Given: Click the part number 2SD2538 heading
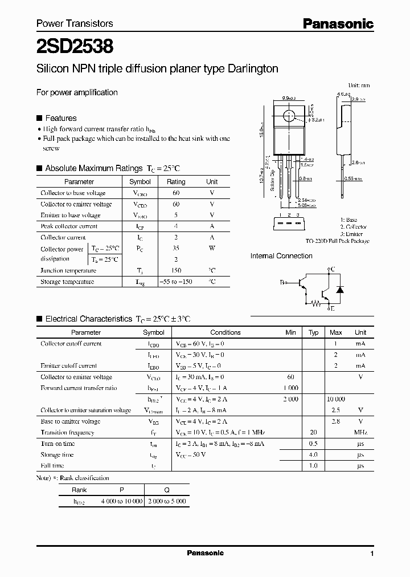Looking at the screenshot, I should click(x=75, y=45).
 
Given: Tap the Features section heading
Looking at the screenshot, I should click(x=60, y=118).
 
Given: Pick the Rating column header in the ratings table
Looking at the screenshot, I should click(x=175, y=182).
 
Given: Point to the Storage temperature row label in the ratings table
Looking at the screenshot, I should click(x=67, y=282).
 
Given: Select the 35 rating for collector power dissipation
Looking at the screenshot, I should click(x=175, y=249).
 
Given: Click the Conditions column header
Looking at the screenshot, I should click(x=225, y=332).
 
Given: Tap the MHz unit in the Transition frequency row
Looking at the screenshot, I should click(x=360, y=432).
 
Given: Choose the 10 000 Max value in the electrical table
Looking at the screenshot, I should click(x=336, y=399).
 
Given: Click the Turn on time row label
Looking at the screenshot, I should click(x=58, y=444).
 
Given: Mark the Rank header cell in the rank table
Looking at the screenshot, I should click(x=79, y=490).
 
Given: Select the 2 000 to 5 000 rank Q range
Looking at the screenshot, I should click(x=167, y=501).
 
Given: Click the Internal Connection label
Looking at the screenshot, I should click(x=281, y=256).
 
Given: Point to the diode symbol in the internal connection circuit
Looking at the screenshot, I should click(x=340, y=290).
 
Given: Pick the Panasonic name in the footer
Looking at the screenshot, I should click(x=206, y=553).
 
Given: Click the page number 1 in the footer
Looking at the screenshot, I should click(x=371, y=554).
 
